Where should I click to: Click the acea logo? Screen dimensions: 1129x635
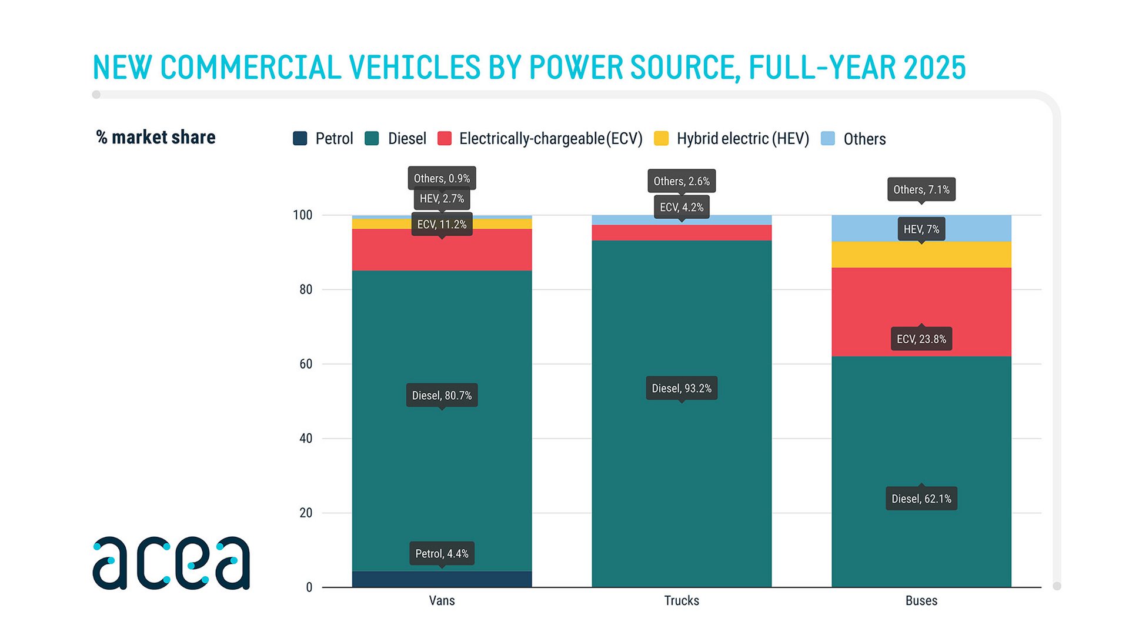[x=171, y=563]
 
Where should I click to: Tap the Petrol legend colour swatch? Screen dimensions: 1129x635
[x=300, y=138]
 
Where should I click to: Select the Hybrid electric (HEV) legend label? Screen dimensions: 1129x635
[x=743, y=139]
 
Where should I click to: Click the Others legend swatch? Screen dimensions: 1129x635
[x=827, y=138]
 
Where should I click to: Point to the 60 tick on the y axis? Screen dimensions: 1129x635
[x=306, y=364]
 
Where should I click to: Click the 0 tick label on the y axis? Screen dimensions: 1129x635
[x=309, y=587]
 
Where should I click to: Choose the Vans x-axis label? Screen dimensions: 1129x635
[x=442, y=600]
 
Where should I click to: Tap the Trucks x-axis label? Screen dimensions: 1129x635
[x=682, y=600]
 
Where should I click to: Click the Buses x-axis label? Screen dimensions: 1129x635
[x=921, y=600]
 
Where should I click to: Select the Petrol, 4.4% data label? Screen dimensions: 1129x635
[x=442, y=553]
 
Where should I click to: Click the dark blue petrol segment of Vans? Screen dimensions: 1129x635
[x=442, y=579]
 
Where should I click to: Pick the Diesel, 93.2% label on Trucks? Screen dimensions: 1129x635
[x=682, y=388]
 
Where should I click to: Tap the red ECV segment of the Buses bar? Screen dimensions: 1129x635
[x=921, y=312]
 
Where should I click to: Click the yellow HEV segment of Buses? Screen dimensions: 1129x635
[x=921, y=255]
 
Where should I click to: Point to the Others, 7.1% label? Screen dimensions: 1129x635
[x=921, y=189]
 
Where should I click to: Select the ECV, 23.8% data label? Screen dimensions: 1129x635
[x=921, y=339]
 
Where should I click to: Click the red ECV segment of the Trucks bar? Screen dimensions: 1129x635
[x=682, y=233]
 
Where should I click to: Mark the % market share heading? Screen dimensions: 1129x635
[x=156, y=137]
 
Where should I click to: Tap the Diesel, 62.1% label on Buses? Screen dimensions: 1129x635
[x=921, y=499]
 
